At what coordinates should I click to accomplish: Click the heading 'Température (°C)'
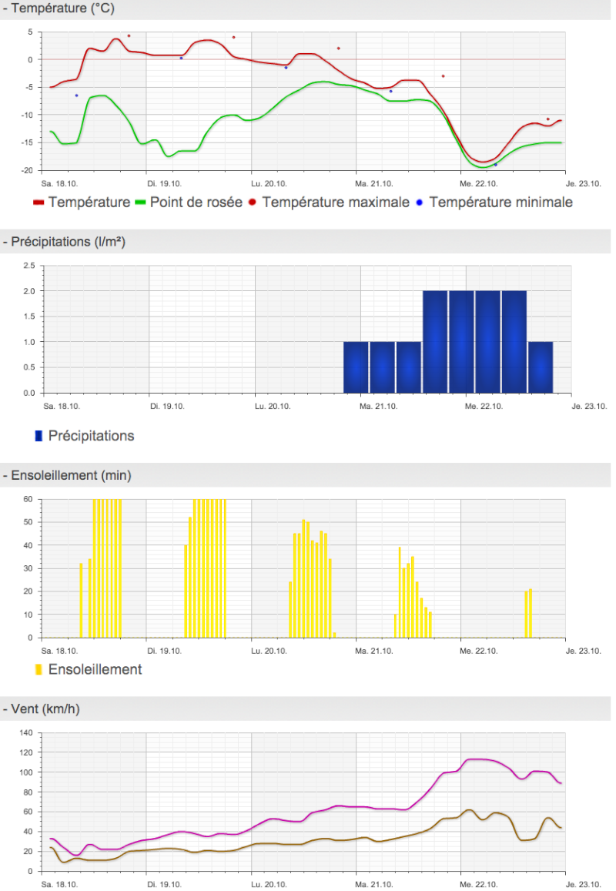[x=62, y=8]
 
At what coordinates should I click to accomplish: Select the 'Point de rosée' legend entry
[x=189, y=203]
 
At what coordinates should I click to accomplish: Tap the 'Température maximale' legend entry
[x=329, y=203]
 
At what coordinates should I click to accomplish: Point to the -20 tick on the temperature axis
[x=27, y=170]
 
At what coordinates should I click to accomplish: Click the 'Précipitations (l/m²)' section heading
[x=69, y=242]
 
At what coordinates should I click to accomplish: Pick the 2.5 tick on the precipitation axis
[x=29, y=266]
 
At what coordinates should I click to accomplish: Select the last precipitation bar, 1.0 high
[x=541, y=367]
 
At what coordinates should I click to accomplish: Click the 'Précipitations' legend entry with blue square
[x=85, y=436]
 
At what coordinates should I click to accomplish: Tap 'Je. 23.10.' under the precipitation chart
[x=589, y=407]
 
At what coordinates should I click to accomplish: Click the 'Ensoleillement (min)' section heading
[x=71, y=476]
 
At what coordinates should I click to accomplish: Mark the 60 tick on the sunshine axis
[x=28, y=499]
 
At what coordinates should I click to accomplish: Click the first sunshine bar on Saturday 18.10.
[x=82, y=600]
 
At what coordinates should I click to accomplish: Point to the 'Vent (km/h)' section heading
[x=45, y=709]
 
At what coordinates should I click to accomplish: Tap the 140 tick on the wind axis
[x=26, y=732]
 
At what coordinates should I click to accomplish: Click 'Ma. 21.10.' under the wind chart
[x=374, y=884]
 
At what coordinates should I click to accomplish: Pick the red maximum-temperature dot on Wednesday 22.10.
[x=547, y=119]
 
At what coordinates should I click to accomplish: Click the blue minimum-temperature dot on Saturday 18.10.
[x=77, y=95]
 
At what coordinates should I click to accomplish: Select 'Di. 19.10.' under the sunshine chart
[x=164, y=651]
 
